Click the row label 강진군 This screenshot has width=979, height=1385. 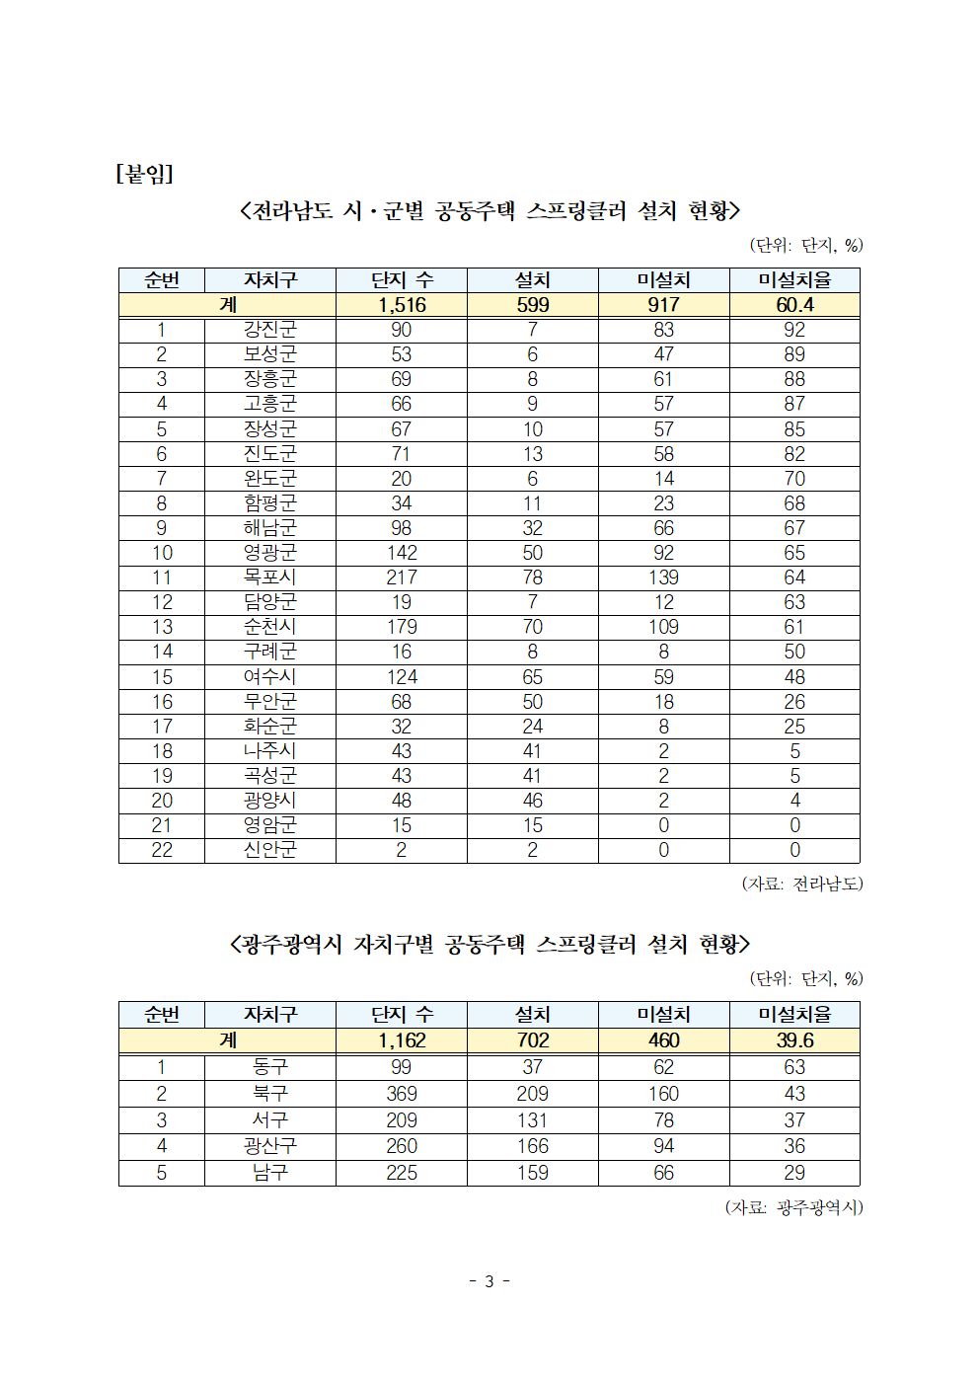pyautogui.click(x=269, y=330)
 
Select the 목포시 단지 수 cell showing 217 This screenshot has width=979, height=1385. pyautogui.click(x=402, y=577)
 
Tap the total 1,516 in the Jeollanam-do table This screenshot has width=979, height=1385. pyautogui.click(x=402, y=305)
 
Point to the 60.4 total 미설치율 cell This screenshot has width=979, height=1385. pyautogui.click(x=794, y=305)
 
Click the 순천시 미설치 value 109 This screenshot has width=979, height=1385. pyautogui.click(x=663, y=627)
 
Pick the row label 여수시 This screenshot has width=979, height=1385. pyautogui.click(x=269, y=677)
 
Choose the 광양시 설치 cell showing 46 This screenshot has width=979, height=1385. pyautogui.click(x=532, y=801)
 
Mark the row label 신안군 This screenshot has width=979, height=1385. pyautogui.click(x=269, y=850)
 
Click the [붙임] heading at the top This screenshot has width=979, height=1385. pyautogui.click(x=144, y=174)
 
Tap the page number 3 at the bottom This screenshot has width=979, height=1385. pyautogui.click(x=489, y=1281)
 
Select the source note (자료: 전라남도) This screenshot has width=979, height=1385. pyautogui.click(x=801, y=884)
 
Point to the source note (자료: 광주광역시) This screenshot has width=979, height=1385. pyautogui.click(x=793, y=1207)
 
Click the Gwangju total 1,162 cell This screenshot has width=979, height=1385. pyautogui.click(x=402, y=1040)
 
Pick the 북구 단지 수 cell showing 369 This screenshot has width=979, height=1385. pyautogui.click(x=402, y=1094)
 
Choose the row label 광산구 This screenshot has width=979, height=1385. pyautogui.click(x=269, y=1146)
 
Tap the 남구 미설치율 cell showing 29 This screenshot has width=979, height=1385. pyautogui.click(x=794, y=1173)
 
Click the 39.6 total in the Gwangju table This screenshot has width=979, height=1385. pyautogui.click(x=794, y=1040)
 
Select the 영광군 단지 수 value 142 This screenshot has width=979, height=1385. pyautogui.click(x=402, y=553)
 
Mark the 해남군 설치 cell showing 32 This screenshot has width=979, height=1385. pyautogui.click(x=532, y=528)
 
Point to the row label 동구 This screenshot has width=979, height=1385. pyautogui.click(x=269, y=1067)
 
